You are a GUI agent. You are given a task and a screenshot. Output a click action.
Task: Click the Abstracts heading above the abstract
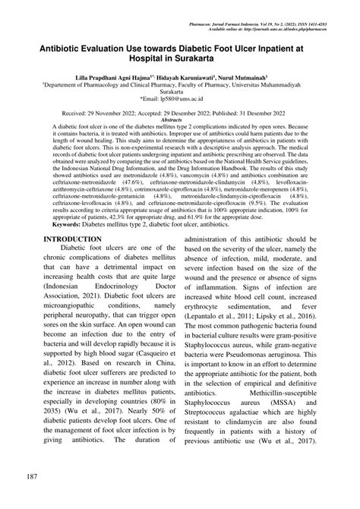coord(180,120)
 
